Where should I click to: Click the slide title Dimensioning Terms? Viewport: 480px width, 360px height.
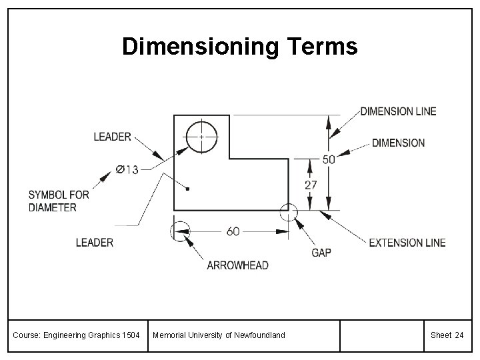pos(240,47)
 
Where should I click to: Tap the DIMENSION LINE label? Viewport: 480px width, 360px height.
pos(398,111)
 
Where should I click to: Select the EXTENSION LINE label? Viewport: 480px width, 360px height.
pos(407,243)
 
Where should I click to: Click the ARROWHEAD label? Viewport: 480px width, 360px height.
pos(237,265)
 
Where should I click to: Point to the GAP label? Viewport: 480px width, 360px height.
pos(321,253)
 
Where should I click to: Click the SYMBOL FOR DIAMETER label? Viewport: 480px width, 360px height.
pos(59,201)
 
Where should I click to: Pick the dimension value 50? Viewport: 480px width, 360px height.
pos(329,159)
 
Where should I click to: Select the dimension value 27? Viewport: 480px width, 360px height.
pos(311,185)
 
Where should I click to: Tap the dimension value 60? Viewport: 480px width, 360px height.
pos(233,231)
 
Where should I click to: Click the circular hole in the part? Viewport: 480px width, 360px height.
pos(201,137)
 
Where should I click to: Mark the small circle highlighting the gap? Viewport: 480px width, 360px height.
pos(289,212)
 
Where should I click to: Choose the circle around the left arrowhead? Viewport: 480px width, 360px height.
pos(180,231)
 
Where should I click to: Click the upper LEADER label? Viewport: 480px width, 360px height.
pos(112,137)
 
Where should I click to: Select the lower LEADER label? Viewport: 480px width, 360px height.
pos(94,243)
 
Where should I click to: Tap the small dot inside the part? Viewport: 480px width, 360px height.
pos(188,189)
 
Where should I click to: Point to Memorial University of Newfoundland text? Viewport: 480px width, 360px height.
pos(219,335)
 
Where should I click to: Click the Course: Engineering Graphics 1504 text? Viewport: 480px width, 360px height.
pos(77,335)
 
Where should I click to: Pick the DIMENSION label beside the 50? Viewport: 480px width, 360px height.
pos(398,143)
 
